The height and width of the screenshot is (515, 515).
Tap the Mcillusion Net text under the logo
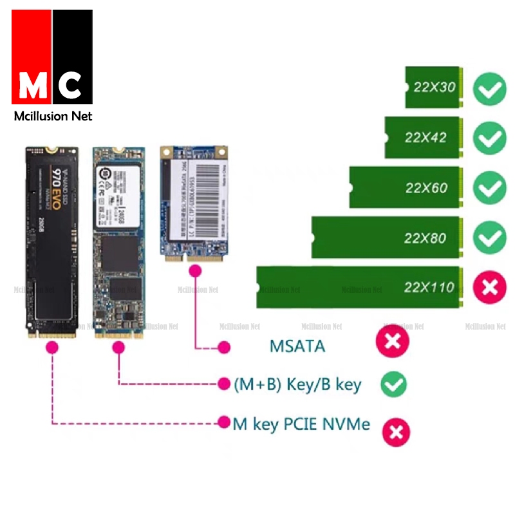click(x=53, y=116)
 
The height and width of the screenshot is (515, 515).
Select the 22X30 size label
click(x=435, y=87)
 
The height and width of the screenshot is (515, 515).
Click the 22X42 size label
click(x=426, y=137)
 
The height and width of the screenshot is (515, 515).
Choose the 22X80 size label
click(x=425, y=238)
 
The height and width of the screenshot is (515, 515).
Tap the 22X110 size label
click(x=429, y=287)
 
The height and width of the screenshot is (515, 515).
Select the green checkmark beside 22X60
click(x=490, y=188)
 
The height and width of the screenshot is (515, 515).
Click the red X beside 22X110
click(x=490, y=287)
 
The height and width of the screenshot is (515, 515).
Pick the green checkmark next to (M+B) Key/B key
click(x=393, y=384)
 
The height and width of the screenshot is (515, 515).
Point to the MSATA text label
click(x=297, y=346)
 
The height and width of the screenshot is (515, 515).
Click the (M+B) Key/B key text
click(x=297, y=385)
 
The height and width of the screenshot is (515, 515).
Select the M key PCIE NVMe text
click(x=301, y=424)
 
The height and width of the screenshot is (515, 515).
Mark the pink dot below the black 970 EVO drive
click(x=52, y=348)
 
